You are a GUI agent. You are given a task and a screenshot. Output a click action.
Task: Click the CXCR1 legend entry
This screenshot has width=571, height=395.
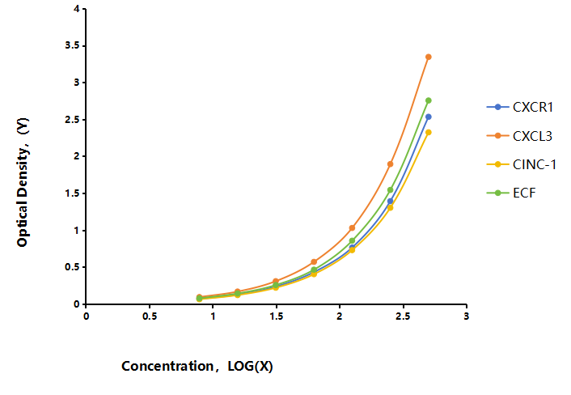[520, 107]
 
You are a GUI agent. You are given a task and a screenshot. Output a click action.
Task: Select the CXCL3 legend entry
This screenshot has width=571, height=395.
[520, 136]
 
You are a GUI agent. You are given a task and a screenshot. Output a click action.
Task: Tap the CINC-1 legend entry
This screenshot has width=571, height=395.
[522, 164]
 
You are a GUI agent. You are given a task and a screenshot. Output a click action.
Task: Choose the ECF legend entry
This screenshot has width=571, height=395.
[511, 193]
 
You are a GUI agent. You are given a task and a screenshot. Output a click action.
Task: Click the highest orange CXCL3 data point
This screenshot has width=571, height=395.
[429, 57]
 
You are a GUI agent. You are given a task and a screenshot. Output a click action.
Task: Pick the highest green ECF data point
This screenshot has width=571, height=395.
[429, 100]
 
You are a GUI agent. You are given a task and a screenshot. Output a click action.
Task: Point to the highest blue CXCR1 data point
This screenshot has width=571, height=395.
[429, 117]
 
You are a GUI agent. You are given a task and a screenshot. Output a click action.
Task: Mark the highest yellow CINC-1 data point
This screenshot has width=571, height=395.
[429, 132]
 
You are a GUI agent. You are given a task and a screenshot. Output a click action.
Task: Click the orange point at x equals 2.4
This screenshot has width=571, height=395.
[391, 164]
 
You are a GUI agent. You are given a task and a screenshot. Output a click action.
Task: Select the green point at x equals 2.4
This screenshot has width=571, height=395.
[391, 190]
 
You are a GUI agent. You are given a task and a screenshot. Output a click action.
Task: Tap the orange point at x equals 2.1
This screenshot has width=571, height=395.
[352, 227]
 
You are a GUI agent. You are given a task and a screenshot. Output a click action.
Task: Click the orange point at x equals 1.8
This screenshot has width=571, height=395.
[314, 261]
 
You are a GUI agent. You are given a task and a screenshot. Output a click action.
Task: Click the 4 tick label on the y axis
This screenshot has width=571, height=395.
[77, 9]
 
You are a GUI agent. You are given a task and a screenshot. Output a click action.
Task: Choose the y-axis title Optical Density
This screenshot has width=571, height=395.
[23, 182]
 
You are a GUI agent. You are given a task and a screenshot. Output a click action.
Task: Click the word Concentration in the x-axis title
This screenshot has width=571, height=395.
[167, 366]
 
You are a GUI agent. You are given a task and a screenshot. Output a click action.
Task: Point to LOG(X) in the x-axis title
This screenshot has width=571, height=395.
[250, 366]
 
